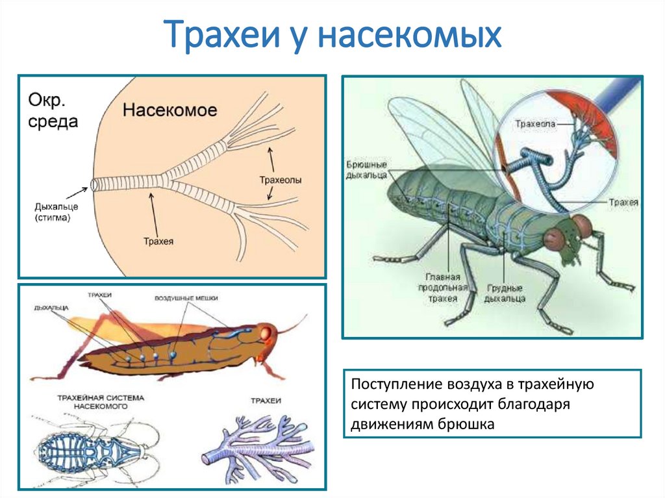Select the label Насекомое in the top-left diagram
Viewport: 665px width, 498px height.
(x=169, y=108)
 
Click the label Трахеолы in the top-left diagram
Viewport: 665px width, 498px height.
(x=280, y=180)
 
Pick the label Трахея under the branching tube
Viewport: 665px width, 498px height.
(x=158, y=242)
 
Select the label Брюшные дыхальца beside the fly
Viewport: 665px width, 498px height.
(x=367, y=171)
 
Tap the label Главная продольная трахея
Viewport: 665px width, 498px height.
(x=443, y=286)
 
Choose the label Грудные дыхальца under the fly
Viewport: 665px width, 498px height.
(x=505, y=293)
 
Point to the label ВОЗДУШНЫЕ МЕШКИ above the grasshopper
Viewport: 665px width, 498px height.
(x=186, y=298)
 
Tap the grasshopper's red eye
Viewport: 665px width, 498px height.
(x=266, y=332)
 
